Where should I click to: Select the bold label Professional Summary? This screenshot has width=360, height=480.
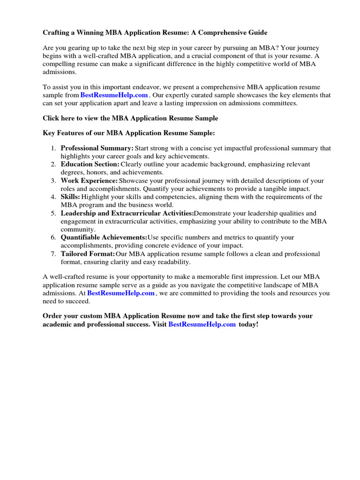(97, 148)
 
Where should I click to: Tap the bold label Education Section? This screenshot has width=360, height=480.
(90, 165)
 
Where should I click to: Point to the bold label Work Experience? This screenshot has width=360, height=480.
(89, 180)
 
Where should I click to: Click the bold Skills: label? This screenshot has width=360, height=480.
(70, 197)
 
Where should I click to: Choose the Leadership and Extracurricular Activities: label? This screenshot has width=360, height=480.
(127, 213)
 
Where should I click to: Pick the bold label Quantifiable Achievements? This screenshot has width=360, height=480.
(104, 238)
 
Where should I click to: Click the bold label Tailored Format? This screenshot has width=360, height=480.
(88, 254)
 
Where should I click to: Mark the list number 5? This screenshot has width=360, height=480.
(53, 213)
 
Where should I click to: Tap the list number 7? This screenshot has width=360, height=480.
(53, 254)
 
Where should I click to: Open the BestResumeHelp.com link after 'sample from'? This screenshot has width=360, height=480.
(114, 95)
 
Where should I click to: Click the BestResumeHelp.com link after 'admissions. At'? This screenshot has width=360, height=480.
(121, 293)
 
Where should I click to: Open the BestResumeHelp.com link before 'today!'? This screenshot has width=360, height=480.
(202, 324)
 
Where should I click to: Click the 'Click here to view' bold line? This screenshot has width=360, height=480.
(130, 118)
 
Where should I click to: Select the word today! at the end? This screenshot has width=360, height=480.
(248, 324)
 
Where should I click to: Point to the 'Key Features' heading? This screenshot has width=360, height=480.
(129, 133)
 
